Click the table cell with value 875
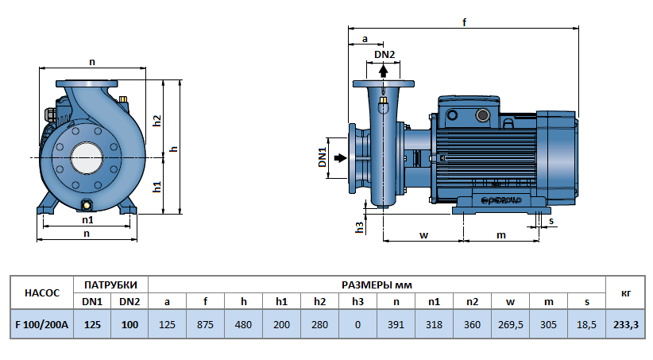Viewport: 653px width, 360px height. coord(205,323)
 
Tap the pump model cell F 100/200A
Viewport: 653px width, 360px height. coord(42,323)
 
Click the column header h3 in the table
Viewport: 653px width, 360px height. coord(357,301)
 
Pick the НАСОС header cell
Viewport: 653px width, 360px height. coord(42,292)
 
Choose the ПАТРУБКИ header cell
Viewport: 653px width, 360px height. coord(110,285)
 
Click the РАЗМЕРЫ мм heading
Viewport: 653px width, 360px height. coord(377,285)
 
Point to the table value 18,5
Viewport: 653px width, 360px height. coord(586,323)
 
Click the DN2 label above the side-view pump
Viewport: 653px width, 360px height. coord(384,54)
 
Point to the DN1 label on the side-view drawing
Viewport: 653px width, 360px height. coord(323,157)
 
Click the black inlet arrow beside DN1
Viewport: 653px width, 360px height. coord(340,158)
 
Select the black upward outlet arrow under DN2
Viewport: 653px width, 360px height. coord(384,70)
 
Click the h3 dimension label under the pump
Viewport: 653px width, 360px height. coord(359,226)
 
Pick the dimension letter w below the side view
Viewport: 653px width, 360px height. coord(423,234)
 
